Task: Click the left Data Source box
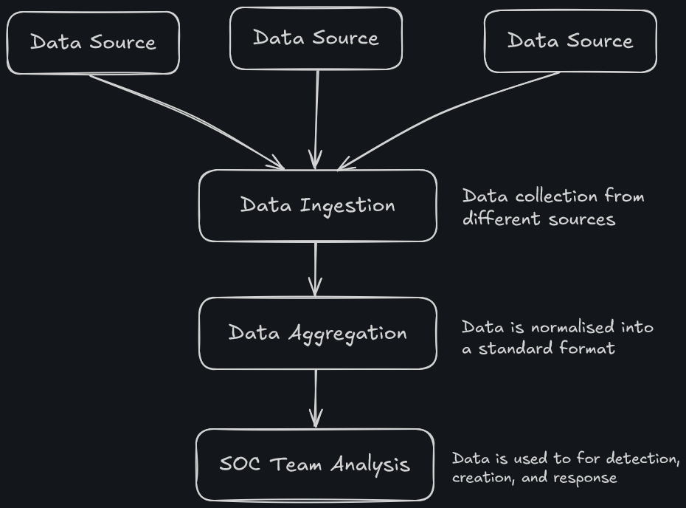(x=93, y=42)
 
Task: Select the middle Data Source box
(x=316, y=38)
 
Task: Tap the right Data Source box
(x=570, y=41)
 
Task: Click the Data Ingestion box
(x=317, y=205)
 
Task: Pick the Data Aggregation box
(x=317, y=333)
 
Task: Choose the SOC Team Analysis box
(x=315, y=464)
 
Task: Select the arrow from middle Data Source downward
(x=316, y=118)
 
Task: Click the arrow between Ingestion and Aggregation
(x=316, y=269)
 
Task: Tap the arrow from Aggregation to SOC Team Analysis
(x=316, y=398)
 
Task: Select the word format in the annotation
(x=589, y=348)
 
